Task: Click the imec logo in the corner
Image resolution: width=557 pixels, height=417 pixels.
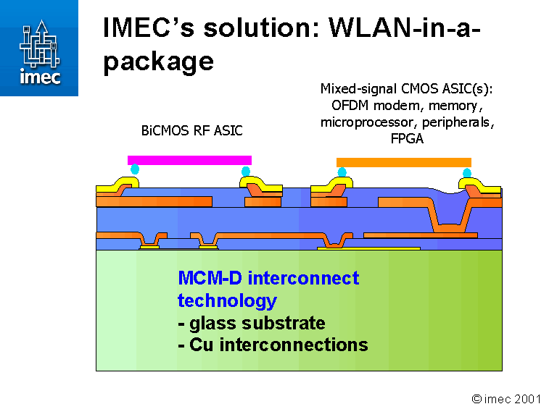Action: (x=39, y=48)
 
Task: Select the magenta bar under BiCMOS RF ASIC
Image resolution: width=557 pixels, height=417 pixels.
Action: (x=189, y=160)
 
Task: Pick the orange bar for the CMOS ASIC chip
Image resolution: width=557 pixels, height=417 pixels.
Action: (x=404, y=162)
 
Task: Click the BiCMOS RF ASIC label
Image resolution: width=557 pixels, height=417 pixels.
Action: (x=191, y=131)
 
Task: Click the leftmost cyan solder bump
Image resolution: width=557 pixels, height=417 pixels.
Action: (x=135, y=170)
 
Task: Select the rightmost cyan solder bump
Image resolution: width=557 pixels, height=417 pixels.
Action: (x=467, y=173)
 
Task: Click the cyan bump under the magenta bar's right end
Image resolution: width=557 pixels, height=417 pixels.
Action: (x=246, y=172)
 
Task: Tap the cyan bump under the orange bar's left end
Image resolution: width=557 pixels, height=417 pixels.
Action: (x=342, y=172)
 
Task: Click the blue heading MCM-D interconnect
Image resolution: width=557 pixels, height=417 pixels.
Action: (x=268, y=278)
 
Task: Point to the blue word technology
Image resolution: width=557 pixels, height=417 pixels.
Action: (x=227, y=300)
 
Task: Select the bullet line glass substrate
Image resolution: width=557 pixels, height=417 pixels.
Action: (x=251, y=323)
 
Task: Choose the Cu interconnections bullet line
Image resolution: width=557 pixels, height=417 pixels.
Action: (x=273, y=345)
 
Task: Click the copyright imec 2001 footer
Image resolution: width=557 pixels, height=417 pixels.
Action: (x=506, y=399)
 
